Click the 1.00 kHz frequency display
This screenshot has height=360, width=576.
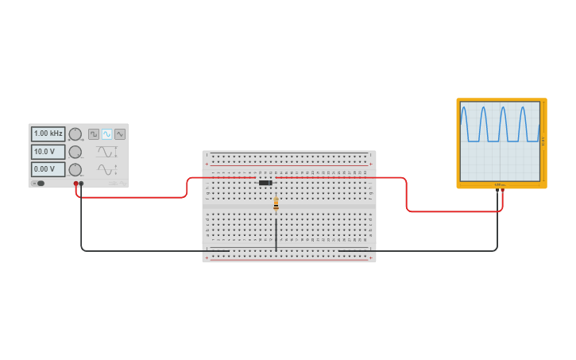[48, 134]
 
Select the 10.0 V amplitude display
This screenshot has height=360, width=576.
[48, 151]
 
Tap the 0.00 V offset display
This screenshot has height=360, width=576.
[48, 169]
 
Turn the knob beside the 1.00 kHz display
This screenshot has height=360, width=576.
[75, 134]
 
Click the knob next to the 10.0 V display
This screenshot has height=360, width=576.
[75, 152]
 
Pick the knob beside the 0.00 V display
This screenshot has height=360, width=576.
[75, 169]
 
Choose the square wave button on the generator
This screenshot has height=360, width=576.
[94, 134]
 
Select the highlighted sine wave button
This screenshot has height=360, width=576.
[106, 134]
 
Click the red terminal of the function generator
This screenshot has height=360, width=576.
[76, 184]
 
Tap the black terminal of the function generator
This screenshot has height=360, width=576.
[81, 184]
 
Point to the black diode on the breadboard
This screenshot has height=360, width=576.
[265, 183]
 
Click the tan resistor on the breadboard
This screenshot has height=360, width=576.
[276, 203]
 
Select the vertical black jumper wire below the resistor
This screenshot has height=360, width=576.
[276, 234]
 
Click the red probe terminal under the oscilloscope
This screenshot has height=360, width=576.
[502, 191]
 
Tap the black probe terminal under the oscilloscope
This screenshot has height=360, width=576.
[497, 191]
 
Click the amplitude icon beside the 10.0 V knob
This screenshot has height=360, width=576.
[106, 151]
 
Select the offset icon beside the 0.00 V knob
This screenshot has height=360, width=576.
[106, 169]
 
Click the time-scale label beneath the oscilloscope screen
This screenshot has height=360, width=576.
[499, 184]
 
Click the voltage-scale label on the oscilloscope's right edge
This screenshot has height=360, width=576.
[543, 141]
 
